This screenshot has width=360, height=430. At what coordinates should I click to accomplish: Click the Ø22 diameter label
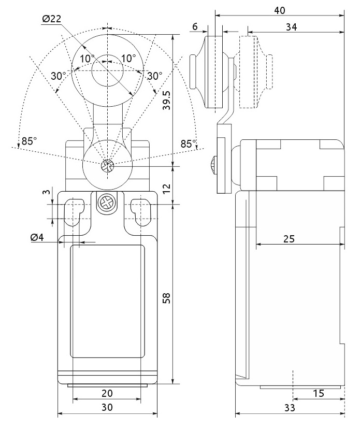(52, 19)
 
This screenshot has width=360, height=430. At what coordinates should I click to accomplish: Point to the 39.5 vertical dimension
(167, 100)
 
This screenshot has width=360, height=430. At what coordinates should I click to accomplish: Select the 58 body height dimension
(166, 298)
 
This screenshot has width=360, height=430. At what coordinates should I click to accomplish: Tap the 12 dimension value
(166, 188)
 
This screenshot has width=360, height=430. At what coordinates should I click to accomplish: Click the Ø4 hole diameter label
(37, 237)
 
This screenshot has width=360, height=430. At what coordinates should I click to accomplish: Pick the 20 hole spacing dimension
(107, 393)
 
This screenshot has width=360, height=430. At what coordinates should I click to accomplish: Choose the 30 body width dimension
(107, 407)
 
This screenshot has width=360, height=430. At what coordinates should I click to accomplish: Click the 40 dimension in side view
(280, 10)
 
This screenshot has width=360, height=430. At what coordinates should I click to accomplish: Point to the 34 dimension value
(292, 27)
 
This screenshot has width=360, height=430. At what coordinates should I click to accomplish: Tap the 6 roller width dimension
(195, 26)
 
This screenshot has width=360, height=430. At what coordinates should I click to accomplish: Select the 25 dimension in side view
(289, 239)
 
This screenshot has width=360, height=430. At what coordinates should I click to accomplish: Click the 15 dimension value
(319, 394)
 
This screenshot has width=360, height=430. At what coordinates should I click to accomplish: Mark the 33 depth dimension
(289, 408)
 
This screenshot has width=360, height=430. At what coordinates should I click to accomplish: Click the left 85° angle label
(29, 141)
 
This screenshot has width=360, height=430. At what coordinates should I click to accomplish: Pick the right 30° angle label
(155, 76)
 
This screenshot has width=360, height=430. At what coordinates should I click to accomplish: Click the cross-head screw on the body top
(107, 204)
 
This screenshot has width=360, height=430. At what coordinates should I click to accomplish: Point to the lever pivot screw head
(107, 166)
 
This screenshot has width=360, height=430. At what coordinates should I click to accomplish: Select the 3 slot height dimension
(47, 191)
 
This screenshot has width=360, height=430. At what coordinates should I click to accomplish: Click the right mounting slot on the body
(141, 212)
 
